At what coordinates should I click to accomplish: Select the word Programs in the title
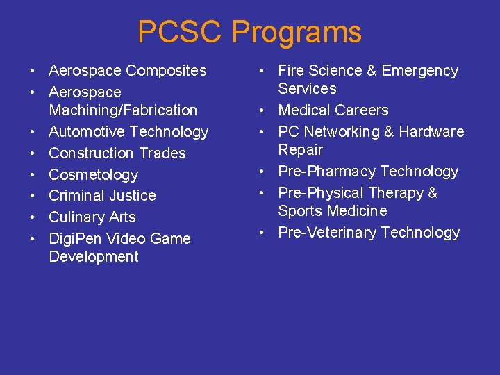[x=297, y=33]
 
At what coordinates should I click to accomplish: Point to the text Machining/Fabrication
[x=123, y=110]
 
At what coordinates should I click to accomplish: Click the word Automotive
[x=87, y=131]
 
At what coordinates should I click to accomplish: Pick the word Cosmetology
[x=93, y=174]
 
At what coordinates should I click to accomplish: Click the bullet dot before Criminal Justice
[x=33, y=196]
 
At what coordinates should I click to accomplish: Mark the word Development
[x=94, y=256]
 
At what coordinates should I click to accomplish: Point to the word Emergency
[x=420, y=71]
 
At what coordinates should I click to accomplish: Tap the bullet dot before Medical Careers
[x=262, y=110]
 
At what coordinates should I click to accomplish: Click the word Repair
[x=301, y=149]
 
